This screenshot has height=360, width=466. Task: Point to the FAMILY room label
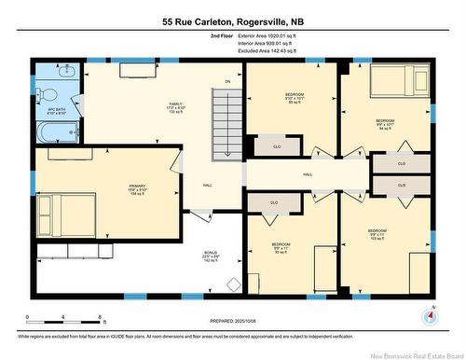coord(175,106)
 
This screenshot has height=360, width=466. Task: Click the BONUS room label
coord(211,257)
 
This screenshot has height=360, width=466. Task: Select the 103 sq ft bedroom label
coord(377,234)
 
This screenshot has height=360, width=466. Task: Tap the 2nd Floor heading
coord(222,35)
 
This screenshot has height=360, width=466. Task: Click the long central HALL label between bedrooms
coord(307,175)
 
